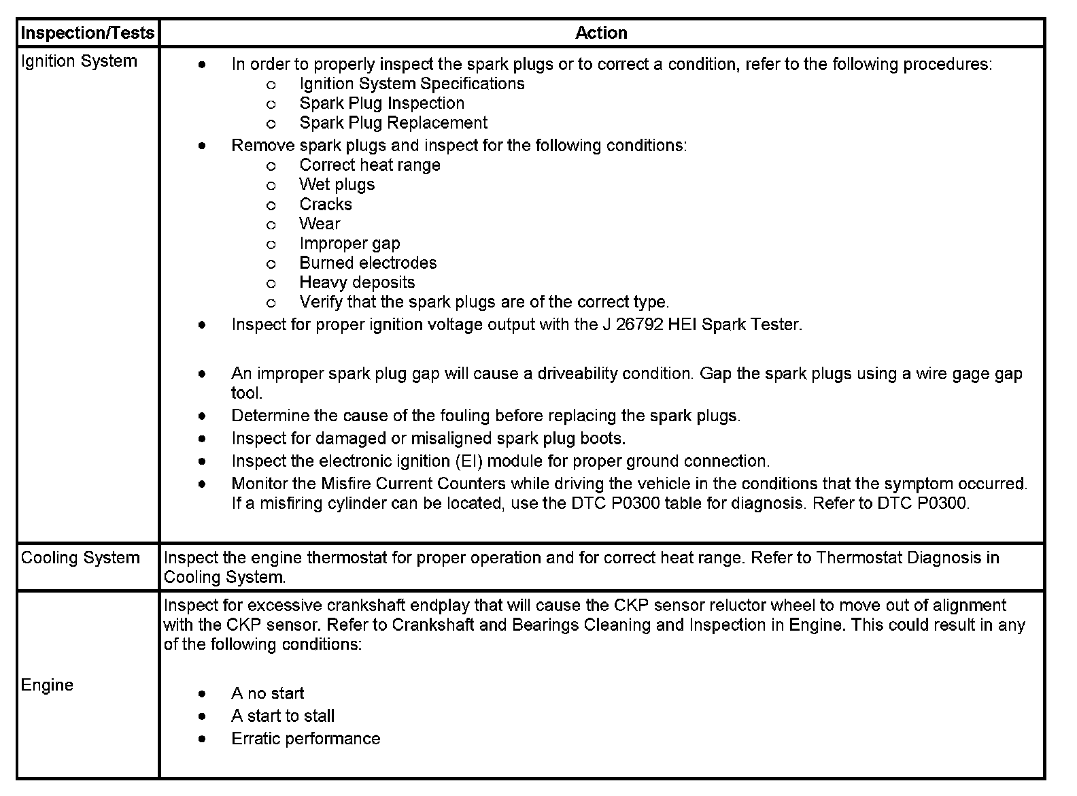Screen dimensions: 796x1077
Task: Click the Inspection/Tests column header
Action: click(x=88, y=33)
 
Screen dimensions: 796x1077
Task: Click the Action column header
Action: click(x=601, y=33)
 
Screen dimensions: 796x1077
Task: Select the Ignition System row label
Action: click(x=79, y=61)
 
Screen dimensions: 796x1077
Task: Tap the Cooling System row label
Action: click(x=80, y=558)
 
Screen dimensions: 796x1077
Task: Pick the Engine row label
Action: click(x=47, y=685)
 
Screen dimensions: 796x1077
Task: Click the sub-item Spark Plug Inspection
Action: click(x=381, y=103)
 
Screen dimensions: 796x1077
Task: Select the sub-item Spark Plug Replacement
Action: click(x=393, y=123)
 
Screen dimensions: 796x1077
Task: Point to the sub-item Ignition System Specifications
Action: click(x=411, y=84)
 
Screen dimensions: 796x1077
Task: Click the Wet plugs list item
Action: click(x=337, y=185)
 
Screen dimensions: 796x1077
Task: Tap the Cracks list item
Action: click(x=326, y=205)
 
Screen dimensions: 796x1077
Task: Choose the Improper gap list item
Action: click(x=349, y=244)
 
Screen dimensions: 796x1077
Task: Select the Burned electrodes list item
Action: click(x=368, y=263)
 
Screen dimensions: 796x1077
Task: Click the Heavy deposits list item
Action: click(x=357, y=282)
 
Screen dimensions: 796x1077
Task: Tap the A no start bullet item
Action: click(x=267, y=693)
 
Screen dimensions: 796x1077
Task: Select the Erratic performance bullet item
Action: click(x=305, y=739)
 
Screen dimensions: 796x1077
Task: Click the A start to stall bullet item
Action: click(x=283, y=716)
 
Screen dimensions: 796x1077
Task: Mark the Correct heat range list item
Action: click(x=369, y=165)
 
